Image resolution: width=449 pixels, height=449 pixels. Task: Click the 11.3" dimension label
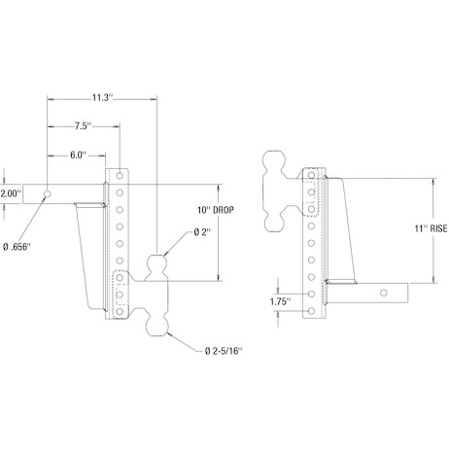102,97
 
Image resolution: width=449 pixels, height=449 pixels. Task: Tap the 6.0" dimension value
78,155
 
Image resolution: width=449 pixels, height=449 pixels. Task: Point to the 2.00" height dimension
11,193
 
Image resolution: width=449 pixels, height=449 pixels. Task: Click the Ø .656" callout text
17,248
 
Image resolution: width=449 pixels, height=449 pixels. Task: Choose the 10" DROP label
216,210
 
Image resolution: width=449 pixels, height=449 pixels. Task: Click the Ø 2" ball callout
202,232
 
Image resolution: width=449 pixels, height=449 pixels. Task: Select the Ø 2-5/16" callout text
224,351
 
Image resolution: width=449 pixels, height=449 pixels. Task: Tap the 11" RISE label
431,228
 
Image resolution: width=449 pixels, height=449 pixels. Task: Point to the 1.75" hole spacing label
281,302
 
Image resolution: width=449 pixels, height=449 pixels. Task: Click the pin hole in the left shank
48,193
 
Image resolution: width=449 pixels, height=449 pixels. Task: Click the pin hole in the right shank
384,293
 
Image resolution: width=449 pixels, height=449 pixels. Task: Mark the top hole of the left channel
120,176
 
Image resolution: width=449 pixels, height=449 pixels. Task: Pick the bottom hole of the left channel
120,311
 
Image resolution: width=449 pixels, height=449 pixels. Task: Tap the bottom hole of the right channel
311,311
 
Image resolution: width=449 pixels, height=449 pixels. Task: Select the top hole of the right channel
311,175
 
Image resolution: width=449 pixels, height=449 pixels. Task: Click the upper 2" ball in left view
157,263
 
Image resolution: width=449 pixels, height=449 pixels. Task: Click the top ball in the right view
275,162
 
